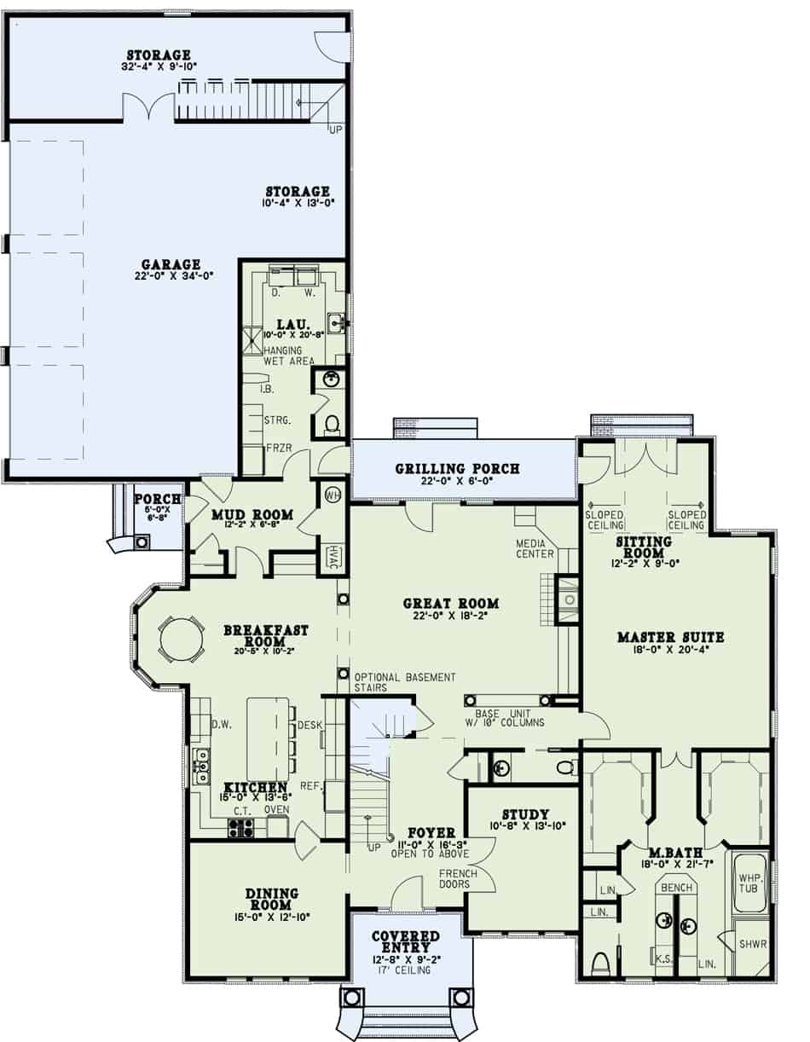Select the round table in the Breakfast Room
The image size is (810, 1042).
(181, 638)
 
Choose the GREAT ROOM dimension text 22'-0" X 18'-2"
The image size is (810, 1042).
(451, 617)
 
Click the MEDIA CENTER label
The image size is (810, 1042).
(535, 548)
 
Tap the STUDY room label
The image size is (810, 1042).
(525, 814)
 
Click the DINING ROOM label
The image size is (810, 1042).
(271, 899)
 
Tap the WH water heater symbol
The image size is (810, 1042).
(332, 494)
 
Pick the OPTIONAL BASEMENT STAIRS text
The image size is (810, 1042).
(404, 681)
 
